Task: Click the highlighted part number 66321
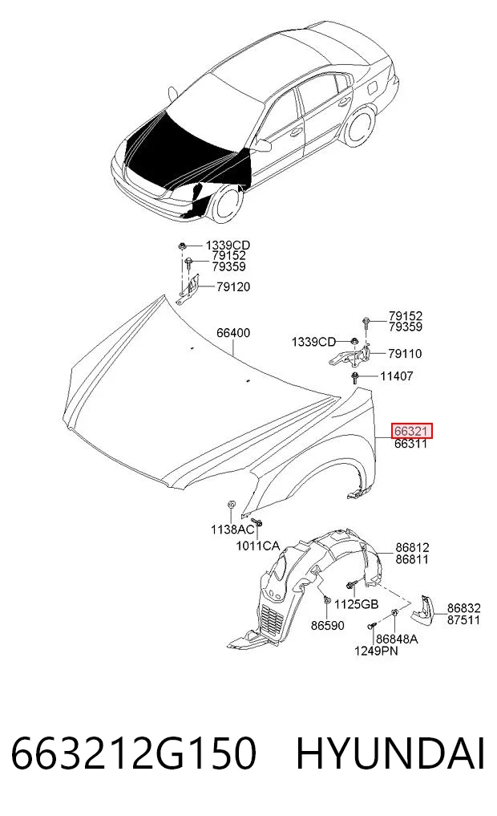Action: (411, 432)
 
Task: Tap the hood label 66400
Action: (233, 332)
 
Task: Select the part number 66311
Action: (411, 444)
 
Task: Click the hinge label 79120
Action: (233, 286)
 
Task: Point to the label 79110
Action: (405, 354)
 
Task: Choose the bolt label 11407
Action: (397, 376)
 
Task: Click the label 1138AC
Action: (233, 530)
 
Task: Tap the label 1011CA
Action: (258, 546)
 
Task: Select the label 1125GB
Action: (356, 604)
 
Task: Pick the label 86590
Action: (328, 626)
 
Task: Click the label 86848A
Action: (397, 639)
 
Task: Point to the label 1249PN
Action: (377, 651)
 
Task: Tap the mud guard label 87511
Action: (463, 620)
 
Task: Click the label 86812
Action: (412, 547)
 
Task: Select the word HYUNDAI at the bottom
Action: (390, 753)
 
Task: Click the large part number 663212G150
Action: (134, 753)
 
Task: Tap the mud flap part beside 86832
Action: (423, 610)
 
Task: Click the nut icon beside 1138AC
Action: (232, 505)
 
